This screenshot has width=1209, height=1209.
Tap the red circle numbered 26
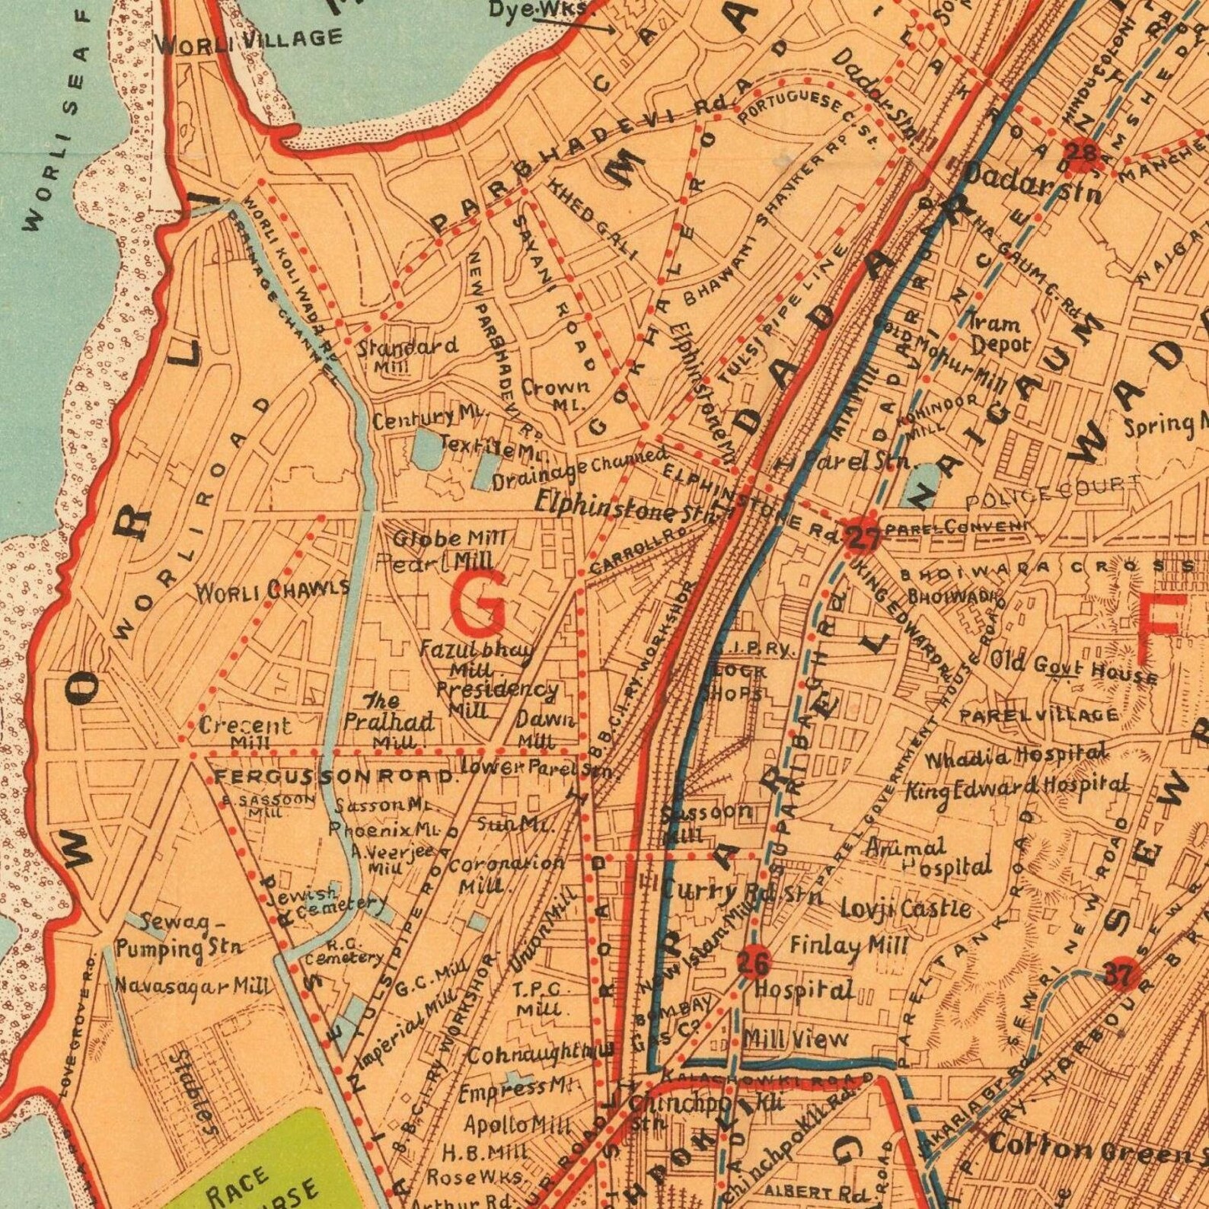click(753, 964)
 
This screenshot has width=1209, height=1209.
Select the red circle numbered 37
click(1123, 974)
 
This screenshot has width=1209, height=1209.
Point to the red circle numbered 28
click(1082, 154)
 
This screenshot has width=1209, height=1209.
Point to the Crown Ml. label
click(557, 394)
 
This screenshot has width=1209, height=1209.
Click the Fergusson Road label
click(335, 777)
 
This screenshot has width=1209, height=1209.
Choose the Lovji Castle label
click(905, 908)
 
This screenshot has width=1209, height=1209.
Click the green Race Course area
click(266, 1165)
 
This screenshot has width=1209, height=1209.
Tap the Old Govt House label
click(1073, 668)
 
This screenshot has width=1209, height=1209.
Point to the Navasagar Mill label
click(192, 987)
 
